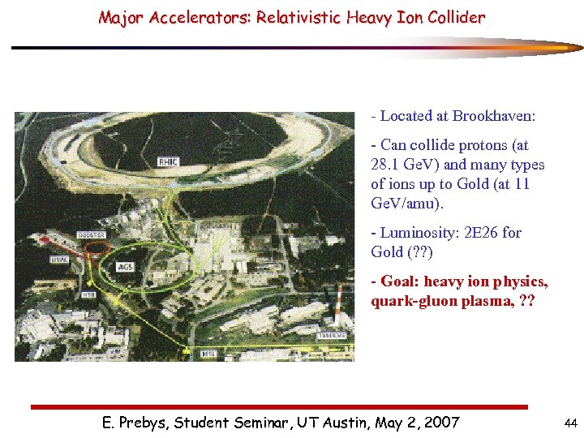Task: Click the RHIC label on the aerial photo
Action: (x=169, y=162)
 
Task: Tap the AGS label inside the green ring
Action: (x=126, y=266)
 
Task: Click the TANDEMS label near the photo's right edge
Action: (x=331, y=335)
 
